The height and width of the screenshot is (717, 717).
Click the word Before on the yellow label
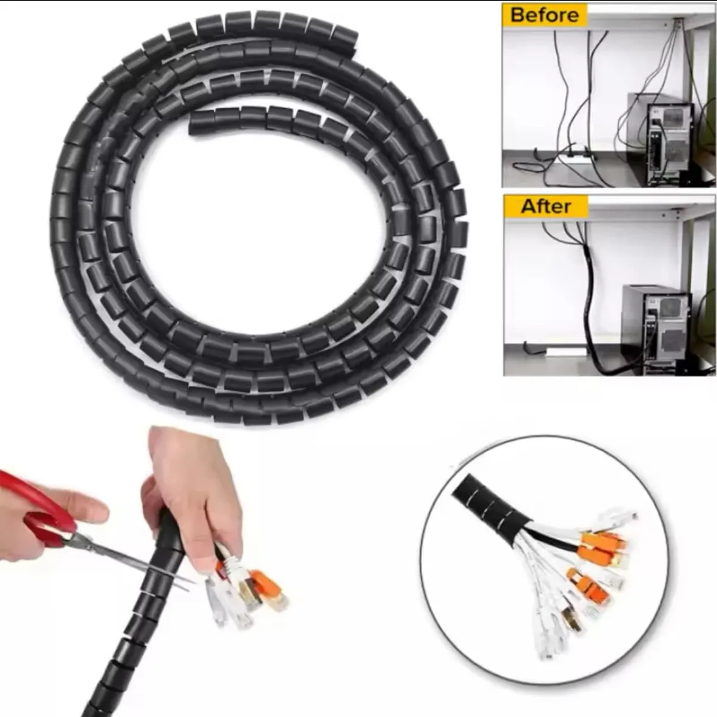click(544, 14)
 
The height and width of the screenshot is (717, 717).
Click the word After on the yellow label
click(546, 206)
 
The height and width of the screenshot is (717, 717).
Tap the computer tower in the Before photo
click(669, 143)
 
